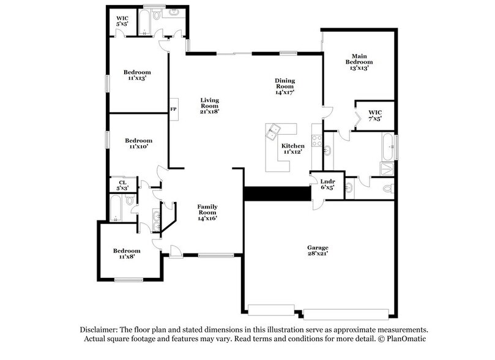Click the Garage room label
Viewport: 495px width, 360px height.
click(318, 250)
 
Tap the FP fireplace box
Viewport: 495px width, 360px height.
click(173, 109)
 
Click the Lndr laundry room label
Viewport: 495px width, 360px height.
click(327, 184)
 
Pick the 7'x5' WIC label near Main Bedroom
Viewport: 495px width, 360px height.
click(375, 115)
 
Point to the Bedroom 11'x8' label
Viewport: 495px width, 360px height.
click(127, 254)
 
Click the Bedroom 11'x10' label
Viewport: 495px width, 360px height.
click(138, 143)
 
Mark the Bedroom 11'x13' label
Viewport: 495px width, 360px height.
click(138, 74)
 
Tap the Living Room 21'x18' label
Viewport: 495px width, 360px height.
click(210, 105)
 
